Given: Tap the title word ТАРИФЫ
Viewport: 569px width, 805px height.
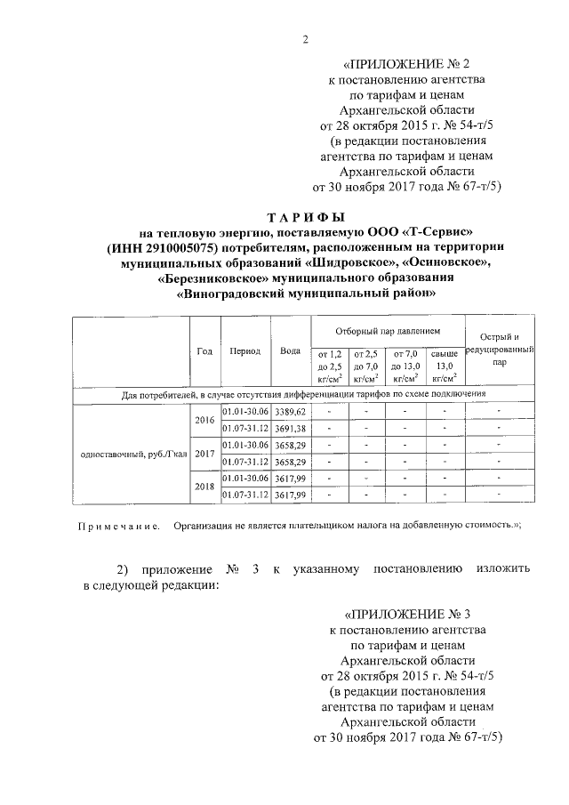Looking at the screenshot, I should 307,217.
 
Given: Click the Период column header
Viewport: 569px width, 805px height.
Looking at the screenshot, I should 244,351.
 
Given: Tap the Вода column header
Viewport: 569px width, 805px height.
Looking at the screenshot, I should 289,351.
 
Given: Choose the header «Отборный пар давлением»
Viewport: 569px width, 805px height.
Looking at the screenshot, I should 387,330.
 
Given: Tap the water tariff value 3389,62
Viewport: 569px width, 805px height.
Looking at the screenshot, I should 290,412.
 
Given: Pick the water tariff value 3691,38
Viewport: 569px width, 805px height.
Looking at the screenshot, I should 290,429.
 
